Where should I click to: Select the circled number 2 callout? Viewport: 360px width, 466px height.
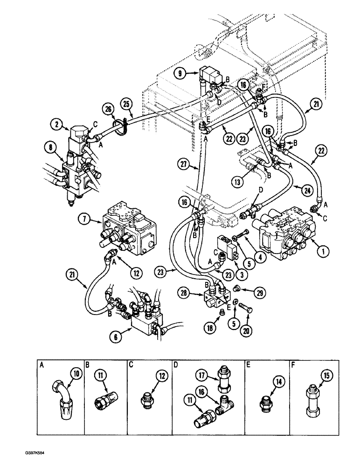tap(56, 124)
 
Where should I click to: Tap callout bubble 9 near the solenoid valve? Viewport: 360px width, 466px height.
tap(180, 73)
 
